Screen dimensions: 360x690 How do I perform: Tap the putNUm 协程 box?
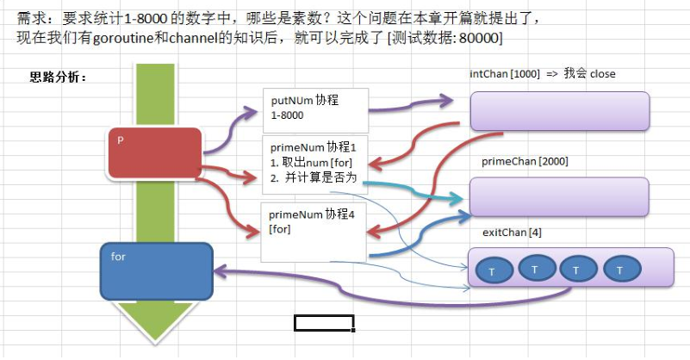pyautogui.click(x=316, y=109)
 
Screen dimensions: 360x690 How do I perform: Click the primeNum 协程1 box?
pyautogui.click(x=316, y=164)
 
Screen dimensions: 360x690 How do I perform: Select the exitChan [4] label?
pyautogui.click(x=512, y=233)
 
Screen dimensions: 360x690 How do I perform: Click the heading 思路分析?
pyautogui.click(x=58, y=78)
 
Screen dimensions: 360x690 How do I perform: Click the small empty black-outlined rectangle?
pyautogui.click(x=324, y=323)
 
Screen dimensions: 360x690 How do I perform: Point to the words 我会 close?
pyautogui.click(x=590, y=74)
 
